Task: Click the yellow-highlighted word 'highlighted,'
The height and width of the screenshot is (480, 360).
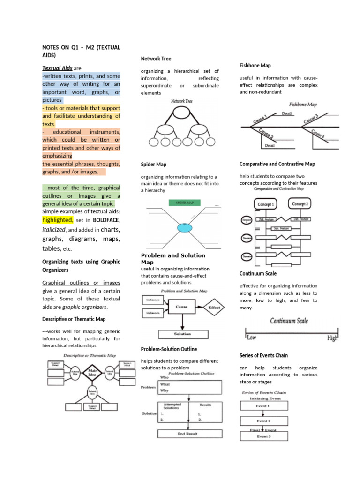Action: point(58,220)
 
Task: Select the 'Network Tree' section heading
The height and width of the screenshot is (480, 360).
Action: point(156,59)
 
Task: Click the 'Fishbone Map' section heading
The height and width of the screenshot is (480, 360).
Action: point(255,66)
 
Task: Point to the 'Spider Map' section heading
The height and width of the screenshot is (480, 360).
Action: point(154,165)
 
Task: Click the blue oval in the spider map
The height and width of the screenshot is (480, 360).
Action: point(185,228)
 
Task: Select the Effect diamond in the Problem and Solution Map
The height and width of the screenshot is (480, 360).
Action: point(214,307)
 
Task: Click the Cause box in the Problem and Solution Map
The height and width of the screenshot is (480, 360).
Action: point(182,307)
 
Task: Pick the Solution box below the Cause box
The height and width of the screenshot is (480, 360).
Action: point(182,334)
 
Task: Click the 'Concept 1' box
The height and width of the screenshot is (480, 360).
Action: point(266,204)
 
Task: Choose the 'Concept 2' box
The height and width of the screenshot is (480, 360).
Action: point(300,204)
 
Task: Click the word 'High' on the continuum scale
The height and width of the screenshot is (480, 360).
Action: point(332,337)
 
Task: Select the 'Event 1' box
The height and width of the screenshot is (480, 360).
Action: point(262,406)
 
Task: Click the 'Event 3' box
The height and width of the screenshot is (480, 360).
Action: point(262,436)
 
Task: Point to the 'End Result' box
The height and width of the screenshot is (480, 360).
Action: point(188,434)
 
